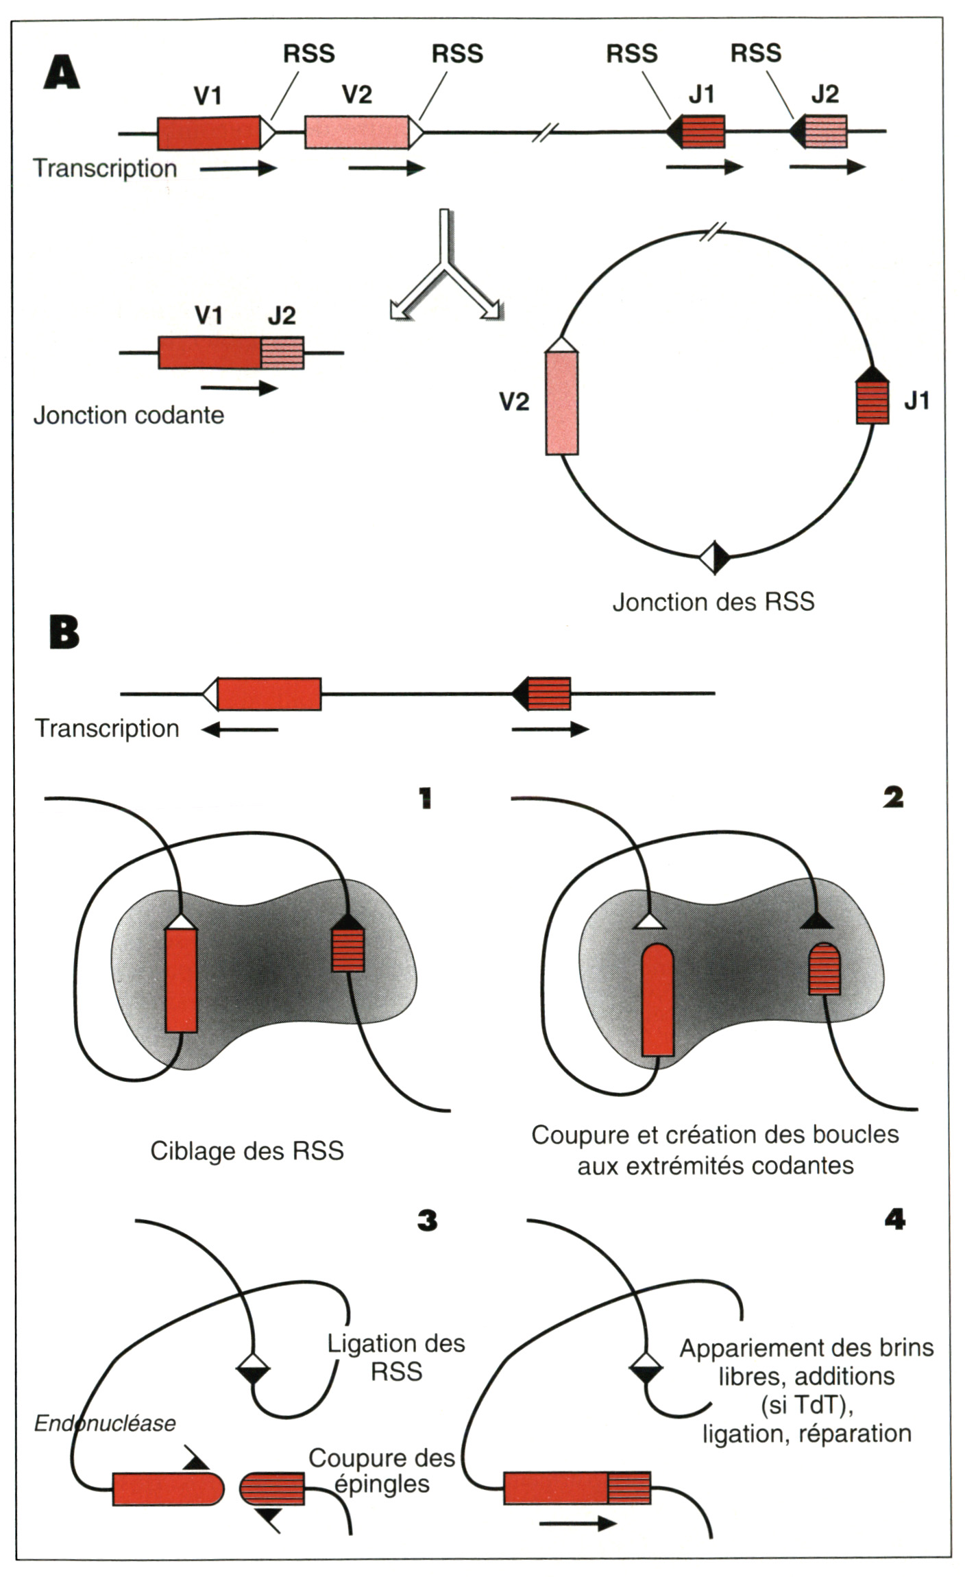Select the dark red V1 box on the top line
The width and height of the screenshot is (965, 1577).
click(209, 132)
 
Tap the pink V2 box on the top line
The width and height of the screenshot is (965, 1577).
click(356, 132)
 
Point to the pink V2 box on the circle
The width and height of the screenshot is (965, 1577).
click(562, 402)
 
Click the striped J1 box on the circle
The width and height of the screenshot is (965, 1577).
click(873, 402)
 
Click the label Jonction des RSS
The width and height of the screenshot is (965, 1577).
click(713, 602)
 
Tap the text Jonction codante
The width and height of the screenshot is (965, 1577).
click(129, 416)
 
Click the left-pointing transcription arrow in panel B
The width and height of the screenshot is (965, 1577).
click(240, 730)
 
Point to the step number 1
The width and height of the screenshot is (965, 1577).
click(426, 798)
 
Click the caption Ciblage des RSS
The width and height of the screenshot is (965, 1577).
click(247, 1151)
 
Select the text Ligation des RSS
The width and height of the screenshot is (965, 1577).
click(396, 1358)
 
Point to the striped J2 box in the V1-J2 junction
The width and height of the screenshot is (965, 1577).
click(282, 353)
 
